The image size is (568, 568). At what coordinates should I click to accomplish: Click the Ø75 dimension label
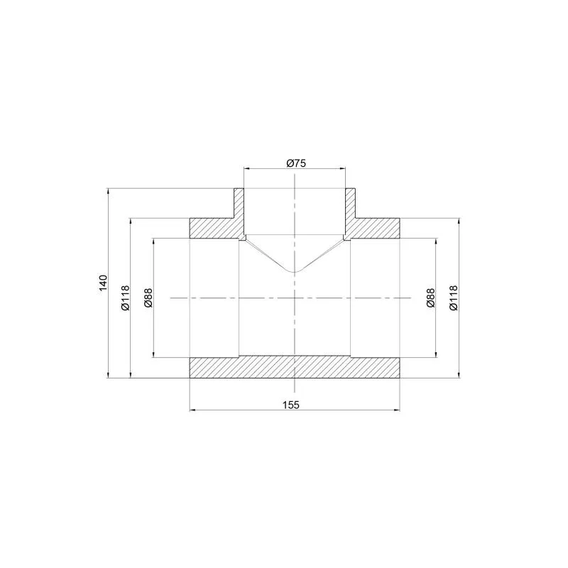click(x=296, y=163)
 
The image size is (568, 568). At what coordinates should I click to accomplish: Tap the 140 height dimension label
click(x=104, y=283)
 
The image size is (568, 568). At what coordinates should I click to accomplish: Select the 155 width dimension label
click(x=291, y=405)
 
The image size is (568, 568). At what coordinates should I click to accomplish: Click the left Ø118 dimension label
click(x=125, y=298)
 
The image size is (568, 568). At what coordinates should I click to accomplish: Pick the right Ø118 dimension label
click(x=454, y=297)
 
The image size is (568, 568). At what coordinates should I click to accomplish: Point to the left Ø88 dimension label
click(x=148, y=297)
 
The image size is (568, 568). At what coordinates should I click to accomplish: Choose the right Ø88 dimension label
click(x=430, y=297)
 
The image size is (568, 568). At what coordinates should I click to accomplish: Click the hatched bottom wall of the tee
click(x=295, y=367)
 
